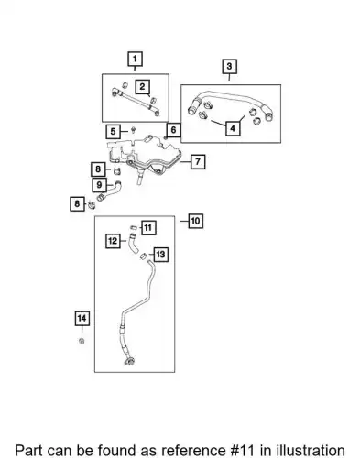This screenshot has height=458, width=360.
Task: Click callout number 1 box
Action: (x=135, y=59)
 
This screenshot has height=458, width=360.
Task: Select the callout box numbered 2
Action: (x=143, y=87)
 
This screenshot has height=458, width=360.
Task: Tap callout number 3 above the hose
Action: (x=229, y=66)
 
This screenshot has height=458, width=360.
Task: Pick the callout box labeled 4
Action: (x=233, y=128)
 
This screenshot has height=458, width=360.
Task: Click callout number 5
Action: (x=114, y=132)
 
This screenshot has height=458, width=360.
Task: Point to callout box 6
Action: (x=173, y=130)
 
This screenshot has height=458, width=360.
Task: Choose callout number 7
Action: (x=198, y=161)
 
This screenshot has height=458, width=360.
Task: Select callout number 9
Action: (x=99, y=185)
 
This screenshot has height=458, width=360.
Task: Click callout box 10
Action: (x=195, y=221)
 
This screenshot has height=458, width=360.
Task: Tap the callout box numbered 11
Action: (x=148, y=228)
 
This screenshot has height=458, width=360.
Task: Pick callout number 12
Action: (x=113, y=241)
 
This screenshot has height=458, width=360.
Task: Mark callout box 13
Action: (x=160, y=255)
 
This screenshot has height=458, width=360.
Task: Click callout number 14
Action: (x=82, y=319)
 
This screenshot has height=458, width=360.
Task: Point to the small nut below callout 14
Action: (x=82, y=341)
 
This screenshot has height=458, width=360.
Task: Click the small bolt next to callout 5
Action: (x=133, y=130)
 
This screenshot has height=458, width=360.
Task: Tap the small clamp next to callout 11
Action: (x=134, y=227)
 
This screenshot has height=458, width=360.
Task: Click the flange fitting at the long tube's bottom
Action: (x=129, y=361)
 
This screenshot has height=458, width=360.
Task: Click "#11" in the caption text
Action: (x=242, y=451)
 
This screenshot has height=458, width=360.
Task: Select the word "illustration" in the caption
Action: (x=311, y=451)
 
